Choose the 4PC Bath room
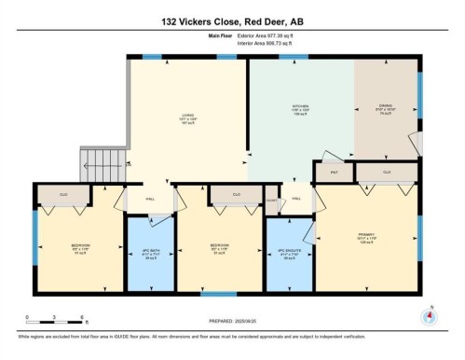[150, 254]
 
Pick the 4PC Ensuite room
[288, 254]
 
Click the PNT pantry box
[333, 173]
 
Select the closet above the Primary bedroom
[386, 173]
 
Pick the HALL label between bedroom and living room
[151, 200]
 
